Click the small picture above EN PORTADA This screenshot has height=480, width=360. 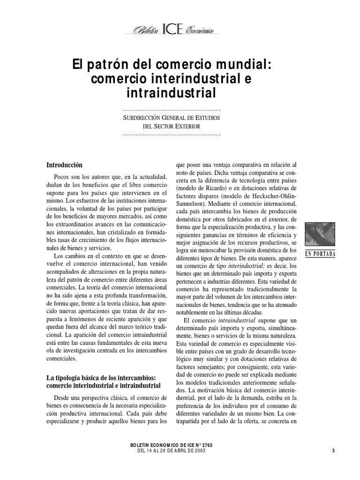click(321, 234)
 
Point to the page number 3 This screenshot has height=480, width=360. click(332, 450)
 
